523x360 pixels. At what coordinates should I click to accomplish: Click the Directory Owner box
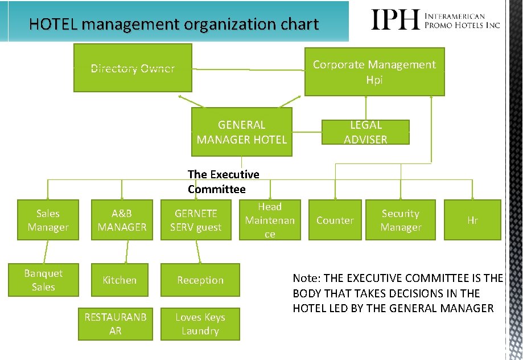[133, 69]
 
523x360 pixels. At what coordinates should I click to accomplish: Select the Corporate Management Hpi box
[374, 72]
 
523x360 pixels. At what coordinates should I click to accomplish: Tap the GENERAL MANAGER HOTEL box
[241, 132]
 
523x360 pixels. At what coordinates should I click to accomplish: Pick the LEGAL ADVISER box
[365, 132]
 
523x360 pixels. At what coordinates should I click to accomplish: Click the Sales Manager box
[48, 220]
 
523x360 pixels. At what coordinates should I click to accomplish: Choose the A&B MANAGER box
[122, 220]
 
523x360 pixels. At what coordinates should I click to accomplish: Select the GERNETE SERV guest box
[196, 220]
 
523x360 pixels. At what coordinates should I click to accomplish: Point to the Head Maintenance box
[270, 220]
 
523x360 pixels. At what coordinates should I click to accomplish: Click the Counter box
[335, 220]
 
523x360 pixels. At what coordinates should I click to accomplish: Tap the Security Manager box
[401, 220]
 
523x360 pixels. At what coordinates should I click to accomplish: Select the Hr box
[472, 220]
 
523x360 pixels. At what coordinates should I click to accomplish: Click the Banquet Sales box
[43, 280]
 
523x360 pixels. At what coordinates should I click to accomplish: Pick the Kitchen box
[120, 280]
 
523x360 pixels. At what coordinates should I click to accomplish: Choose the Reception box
[200, 280]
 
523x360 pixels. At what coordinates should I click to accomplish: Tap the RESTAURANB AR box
[115, 324]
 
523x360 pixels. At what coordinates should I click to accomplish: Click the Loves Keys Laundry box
[200, 324]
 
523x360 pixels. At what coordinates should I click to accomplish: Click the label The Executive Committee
[223, 182]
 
